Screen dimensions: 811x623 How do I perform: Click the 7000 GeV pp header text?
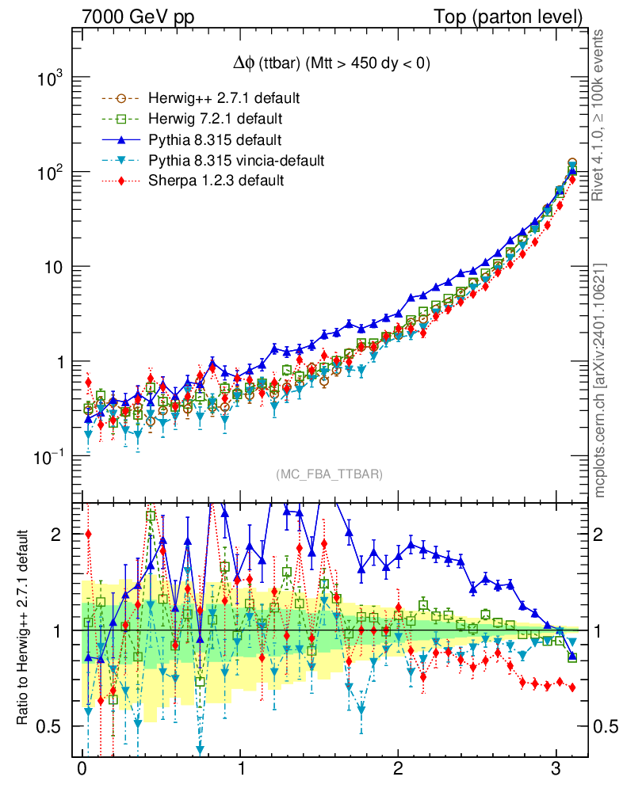coord(139,17)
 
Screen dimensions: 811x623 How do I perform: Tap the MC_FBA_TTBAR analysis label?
coord(329,474)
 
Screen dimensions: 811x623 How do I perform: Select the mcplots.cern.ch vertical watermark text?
coord(600,380)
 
